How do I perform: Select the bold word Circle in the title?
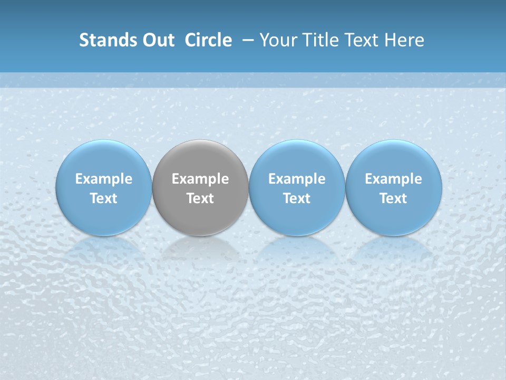(x=208, y=40)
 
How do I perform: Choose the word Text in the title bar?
(x=361, y=40)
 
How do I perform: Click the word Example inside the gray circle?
(x=200, y=179)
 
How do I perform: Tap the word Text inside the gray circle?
(x=200, y=198)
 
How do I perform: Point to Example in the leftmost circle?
(x=103, y=179)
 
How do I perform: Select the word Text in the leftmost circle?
(x=103, y=198)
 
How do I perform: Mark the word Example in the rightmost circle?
(x=394, y=179)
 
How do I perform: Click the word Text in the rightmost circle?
(x=394, y=198)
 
